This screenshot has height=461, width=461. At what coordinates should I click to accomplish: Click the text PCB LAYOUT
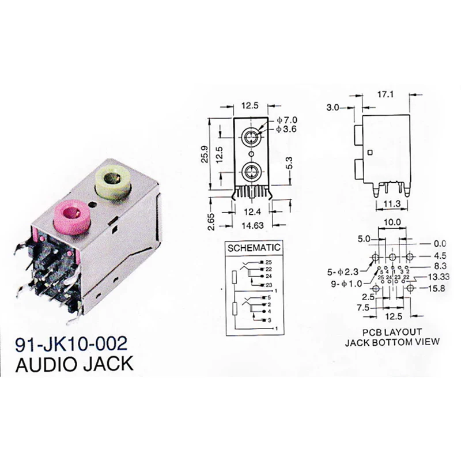point(392,332)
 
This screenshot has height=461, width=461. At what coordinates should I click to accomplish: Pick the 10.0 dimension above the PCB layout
point(393,222)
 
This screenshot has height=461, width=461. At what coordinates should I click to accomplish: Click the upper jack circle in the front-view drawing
point(251,137)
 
